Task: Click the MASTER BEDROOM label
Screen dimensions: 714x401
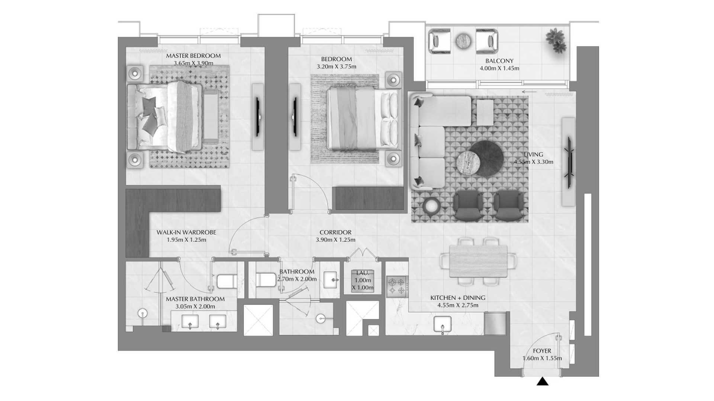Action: tap(193, 56)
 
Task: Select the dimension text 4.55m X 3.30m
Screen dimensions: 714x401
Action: tap(533, 162)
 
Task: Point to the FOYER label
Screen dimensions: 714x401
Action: tap(542, 351)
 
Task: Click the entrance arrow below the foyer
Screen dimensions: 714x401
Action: tap(543, 381)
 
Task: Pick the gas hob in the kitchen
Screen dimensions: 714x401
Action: tap(397, 286)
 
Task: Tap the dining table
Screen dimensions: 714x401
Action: tap(478, 261)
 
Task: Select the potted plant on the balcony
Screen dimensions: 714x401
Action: tap(557, 40)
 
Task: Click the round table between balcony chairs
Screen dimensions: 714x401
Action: tap(463, 41)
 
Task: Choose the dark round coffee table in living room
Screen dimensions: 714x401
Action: tap(486, 159)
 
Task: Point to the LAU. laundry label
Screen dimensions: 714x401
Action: tap(362, 273)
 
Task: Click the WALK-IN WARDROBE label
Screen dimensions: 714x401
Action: tap(186, 232)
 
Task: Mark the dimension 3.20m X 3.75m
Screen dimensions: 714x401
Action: tap(337, 67)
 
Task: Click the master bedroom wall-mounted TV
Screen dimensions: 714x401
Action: tap(257, 117)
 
